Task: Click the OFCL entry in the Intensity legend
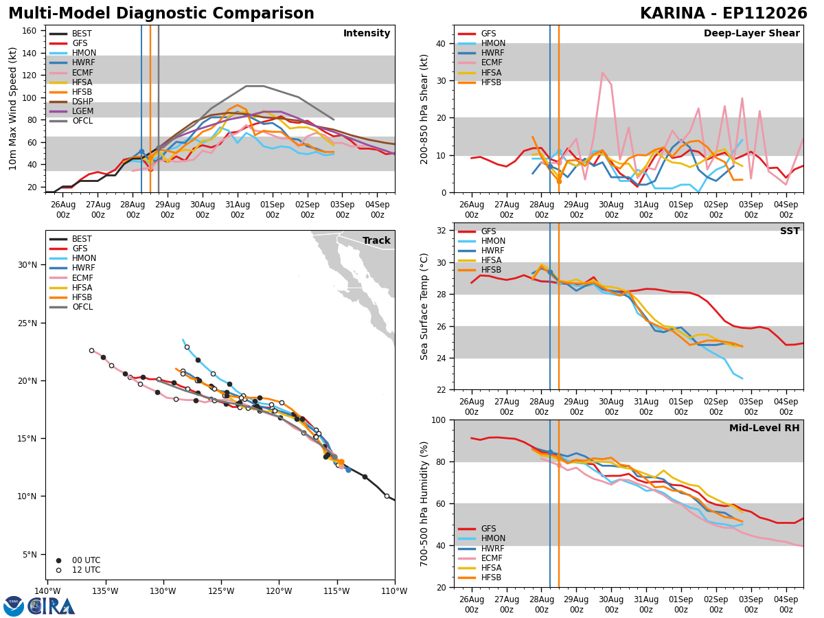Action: (82, 121)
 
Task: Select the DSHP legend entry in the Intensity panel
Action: (82, 102)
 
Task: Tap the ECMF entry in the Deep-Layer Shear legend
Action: (492, 62)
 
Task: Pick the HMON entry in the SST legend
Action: (493, 241)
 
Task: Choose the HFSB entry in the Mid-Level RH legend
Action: (491, 577)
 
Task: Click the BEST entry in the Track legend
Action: (82, 239)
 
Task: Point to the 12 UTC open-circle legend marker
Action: (58, 570)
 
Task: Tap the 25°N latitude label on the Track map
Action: (27, 323)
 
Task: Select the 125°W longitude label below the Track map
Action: (222, 591)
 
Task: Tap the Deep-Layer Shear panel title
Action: (751, 33)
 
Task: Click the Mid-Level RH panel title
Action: (764, 428)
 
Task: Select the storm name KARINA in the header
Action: (673, 14)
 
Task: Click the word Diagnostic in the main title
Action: (158, 14)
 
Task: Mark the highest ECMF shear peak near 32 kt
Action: (602, 72)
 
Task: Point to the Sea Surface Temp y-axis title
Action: (424, 306)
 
